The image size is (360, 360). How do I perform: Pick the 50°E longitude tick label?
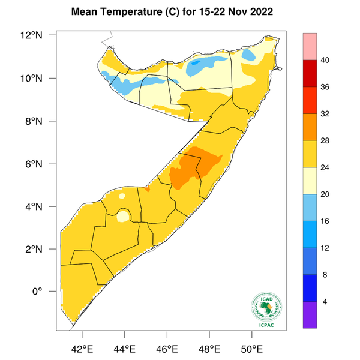pyautogui.click(x=251, y=347)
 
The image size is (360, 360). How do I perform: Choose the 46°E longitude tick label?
pyautogui.click(x=167, y=347)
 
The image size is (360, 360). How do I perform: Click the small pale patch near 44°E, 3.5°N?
pyautogui.click(x=124, y=216)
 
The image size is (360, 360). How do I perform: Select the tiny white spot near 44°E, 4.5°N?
pyautogui.click(x=122, y=196)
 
